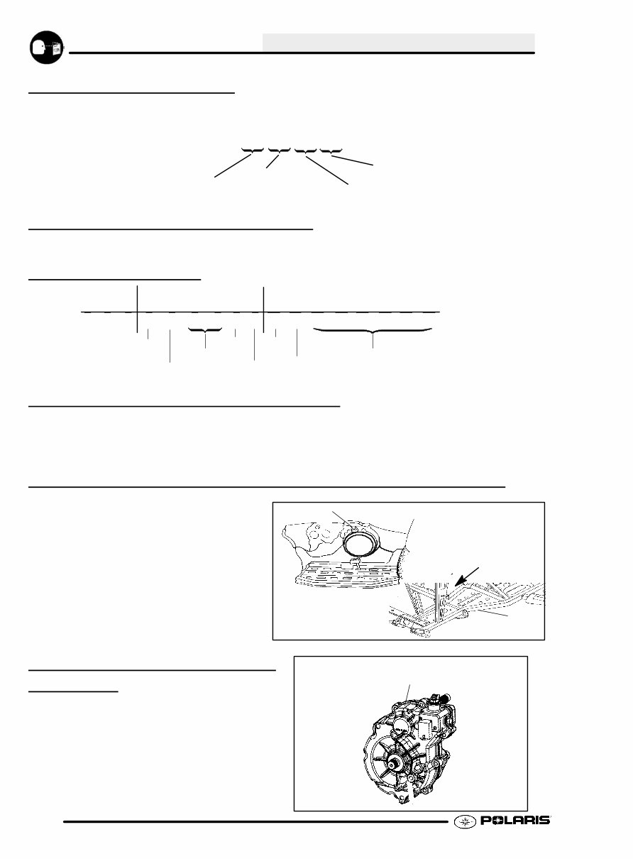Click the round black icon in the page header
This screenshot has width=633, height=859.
point(45,47)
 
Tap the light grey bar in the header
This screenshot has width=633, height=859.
point(398,42)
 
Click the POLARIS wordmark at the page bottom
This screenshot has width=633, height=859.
point(515,821)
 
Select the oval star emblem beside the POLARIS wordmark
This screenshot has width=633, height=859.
point(463,821)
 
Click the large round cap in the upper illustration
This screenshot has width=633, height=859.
point(363,543)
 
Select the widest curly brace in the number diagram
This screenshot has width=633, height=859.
point(373,331)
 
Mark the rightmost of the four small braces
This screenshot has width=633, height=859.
point(331,151)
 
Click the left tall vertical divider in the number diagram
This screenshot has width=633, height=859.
point(136,309)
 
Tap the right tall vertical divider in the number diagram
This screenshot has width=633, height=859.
point(263,309)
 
